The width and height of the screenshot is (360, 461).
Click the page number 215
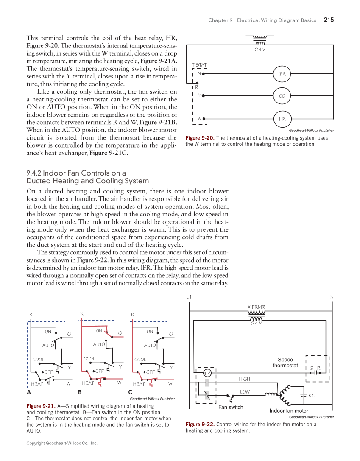(329, 20)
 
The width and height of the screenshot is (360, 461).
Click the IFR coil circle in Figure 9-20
(282, 74)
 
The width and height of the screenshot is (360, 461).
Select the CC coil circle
(282, 96)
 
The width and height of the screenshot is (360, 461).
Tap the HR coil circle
(282, 119)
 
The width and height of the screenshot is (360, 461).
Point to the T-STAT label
(199, 65)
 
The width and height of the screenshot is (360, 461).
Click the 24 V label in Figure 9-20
(260, 49)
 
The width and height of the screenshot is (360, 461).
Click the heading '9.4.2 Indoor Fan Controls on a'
(76, 173)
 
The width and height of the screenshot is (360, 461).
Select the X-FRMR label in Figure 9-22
(257, 307)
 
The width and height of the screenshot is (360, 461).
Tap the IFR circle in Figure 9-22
(207, 373)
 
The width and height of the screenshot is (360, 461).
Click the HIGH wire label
(245, 379)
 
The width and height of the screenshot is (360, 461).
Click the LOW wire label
(245, 392)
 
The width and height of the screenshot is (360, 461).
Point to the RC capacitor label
(311, 396)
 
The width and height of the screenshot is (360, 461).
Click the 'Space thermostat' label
(285, 363)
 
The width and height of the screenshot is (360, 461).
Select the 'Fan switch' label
(231, 407)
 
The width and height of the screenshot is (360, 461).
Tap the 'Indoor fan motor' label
(289, 411)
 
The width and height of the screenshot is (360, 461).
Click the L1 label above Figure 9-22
(189, 297)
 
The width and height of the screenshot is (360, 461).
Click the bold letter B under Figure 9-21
(79, 392)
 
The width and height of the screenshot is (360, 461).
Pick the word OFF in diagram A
(48, 372)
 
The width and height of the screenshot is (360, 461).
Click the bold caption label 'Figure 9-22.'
(200, 424)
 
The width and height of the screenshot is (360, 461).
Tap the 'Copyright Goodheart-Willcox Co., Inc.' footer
(62, 443)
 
